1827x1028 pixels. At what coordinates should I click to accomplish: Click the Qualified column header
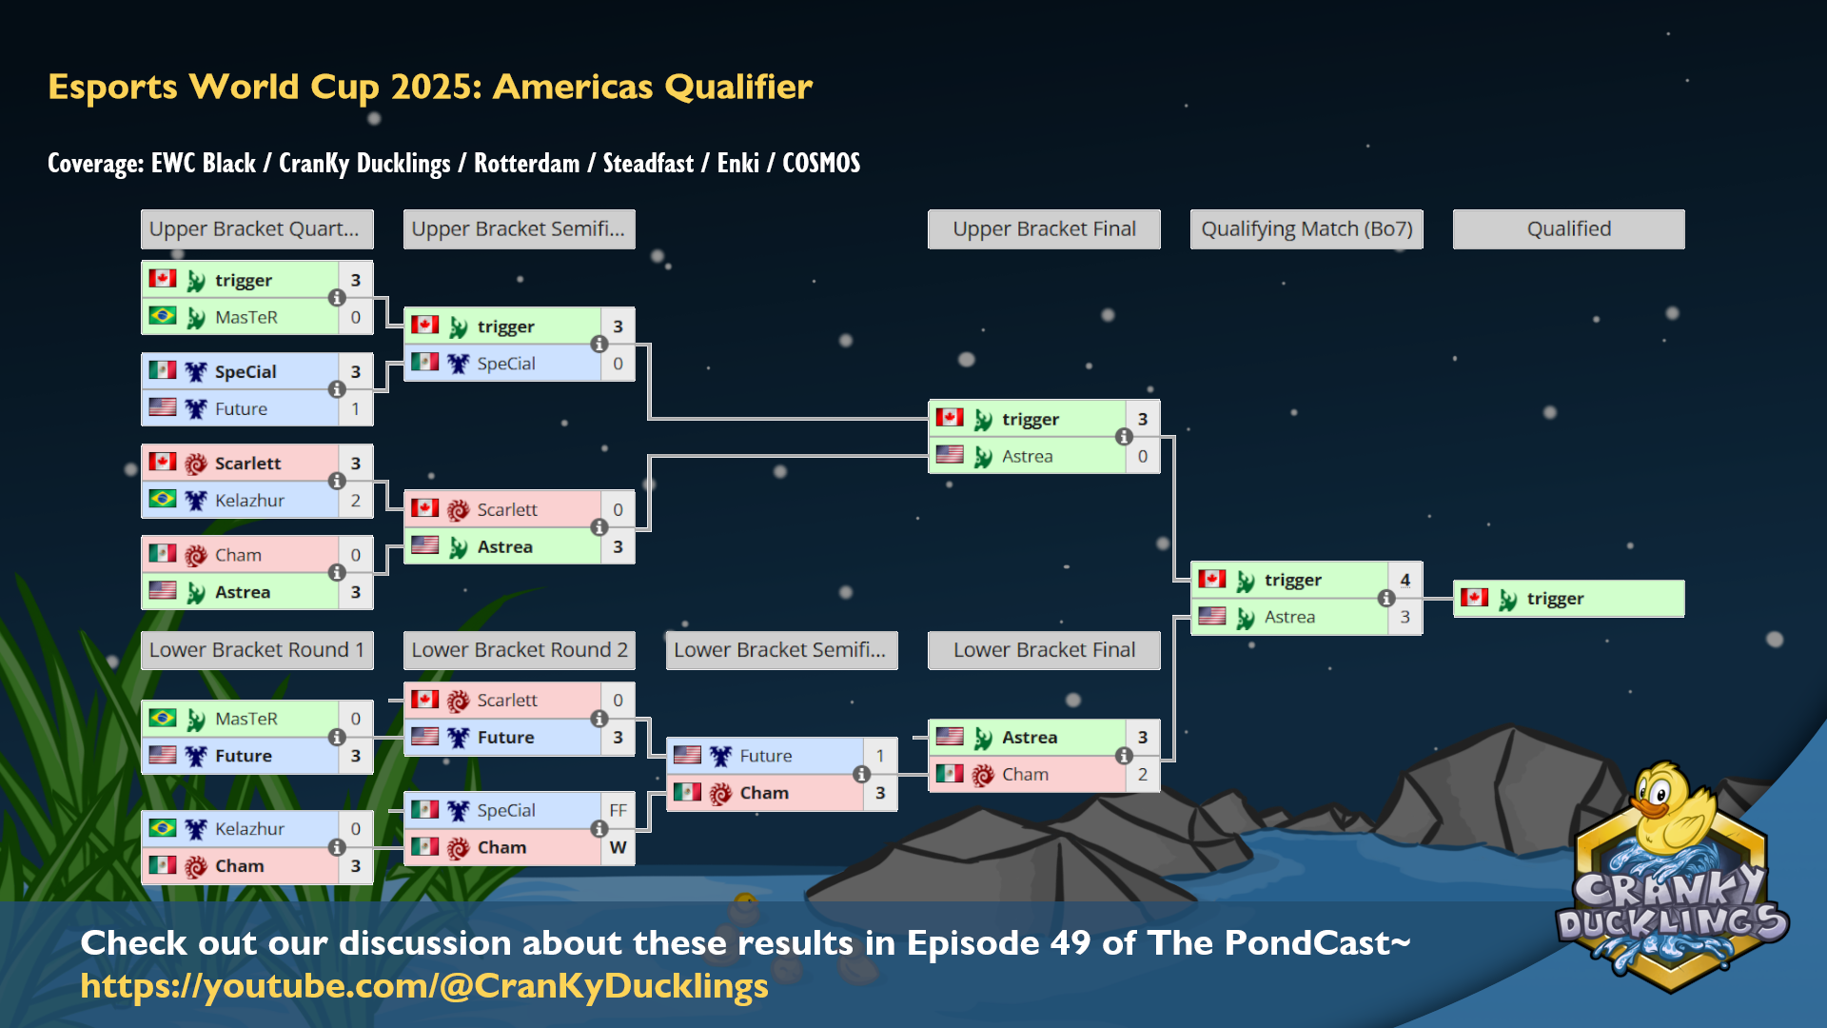pyautogui.click(x=1568, y=229)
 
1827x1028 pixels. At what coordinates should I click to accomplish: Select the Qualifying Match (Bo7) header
pyautogui.click(x=1306, y=229)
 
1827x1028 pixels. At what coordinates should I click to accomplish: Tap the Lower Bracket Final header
pyautogui.click(x=1044, y=650)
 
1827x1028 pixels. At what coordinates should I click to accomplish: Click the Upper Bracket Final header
pyautogui.click(x=1044, y=229)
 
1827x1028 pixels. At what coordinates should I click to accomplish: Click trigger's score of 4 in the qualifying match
pyautogui.click(x=1405, y=580)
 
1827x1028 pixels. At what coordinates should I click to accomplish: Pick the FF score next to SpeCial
pyautogui.click(x=618, y=810)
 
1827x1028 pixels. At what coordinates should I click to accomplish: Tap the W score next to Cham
pyautogui.click(x=618, y=847)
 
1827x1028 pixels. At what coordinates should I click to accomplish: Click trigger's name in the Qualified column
pyautogui.click(x=1555, y=599)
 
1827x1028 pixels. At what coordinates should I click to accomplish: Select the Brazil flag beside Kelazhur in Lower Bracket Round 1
pyautogui.click(x=163, y=828)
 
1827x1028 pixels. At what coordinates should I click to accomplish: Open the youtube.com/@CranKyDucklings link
pyautogui.click(x=424, y=986)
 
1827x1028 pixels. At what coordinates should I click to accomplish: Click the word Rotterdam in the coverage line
pyautogui.click(x=526, y=164)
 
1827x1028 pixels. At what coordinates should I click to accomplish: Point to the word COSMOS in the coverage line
pyautogui.click(x=821, y=164)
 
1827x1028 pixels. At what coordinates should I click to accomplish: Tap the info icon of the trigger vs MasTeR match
pyautogui.click(x=337, y=298)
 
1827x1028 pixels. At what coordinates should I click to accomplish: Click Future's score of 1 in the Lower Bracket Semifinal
pyautogui.click(x=880, y=756)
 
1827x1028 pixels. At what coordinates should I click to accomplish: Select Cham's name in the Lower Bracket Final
pyautogui.click(x=1025, y=775)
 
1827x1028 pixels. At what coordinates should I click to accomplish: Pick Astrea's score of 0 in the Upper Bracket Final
pyautogui.click(x=1143, y=457)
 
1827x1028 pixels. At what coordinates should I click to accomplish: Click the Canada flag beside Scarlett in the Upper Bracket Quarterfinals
pyautogui.click(x=163, y=463)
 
